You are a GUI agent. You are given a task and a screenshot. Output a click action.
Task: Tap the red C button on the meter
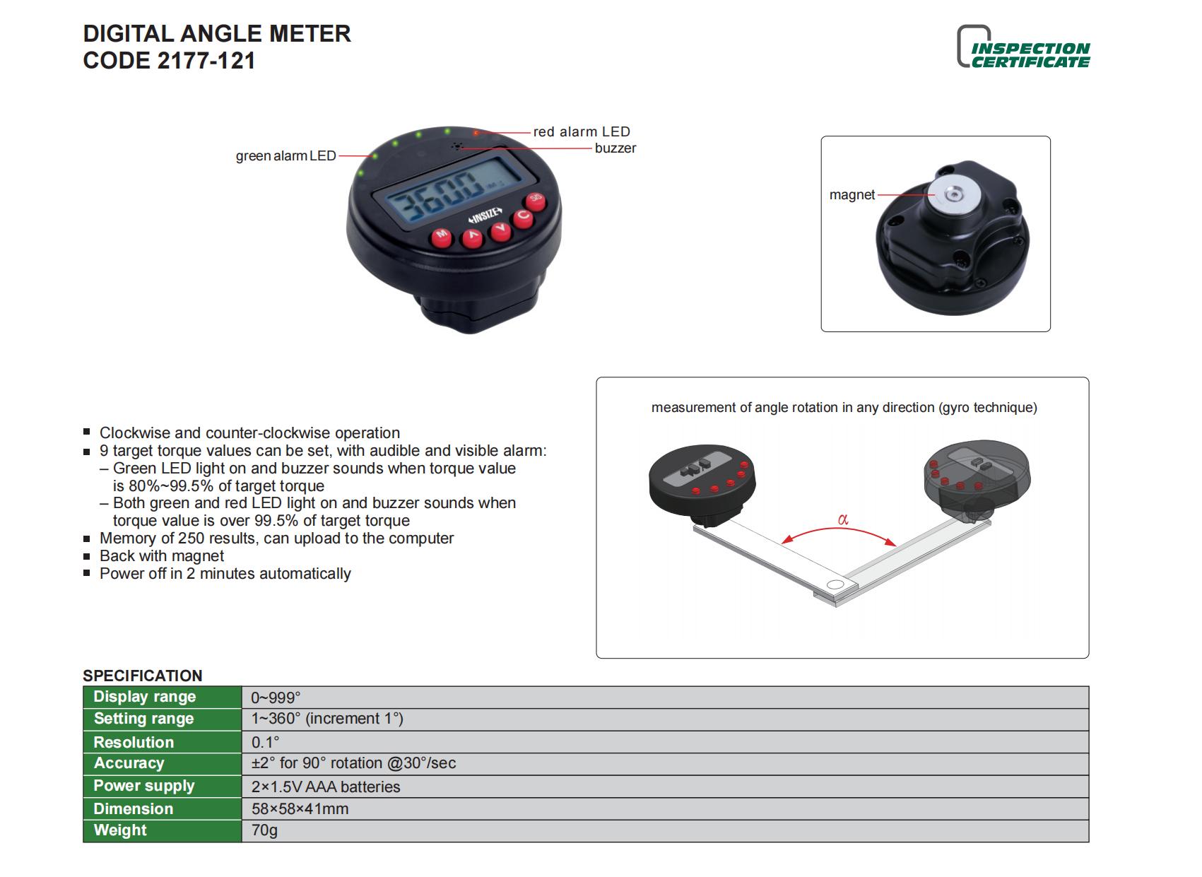(524, 217)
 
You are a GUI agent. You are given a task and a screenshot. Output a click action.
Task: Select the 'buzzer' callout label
(615, 148)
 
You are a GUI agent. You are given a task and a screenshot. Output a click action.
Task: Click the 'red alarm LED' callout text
(581, 131)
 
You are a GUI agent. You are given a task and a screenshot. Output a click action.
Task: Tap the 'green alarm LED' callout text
(285, 155)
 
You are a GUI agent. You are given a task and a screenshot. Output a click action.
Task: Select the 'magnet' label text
(852, 195)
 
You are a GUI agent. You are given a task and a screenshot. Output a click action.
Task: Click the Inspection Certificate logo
(1023, 49)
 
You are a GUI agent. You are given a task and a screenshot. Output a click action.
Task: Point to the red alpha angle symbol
(842, 519)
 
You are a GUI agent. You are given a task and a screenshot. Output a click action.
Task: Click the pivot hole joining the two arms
(835, 584)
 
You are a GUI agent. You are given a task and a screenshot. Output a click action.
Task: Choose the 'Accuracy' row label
(129, 763)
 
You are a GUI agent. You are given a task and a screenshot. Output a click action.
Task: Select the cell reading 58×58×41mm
(300, 809)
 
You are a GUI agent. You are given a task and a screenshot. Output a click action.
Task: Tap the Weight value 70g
(264, 830)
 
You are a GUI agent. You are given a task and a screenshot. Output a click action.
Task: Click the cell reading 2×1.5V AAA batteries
(325, 787)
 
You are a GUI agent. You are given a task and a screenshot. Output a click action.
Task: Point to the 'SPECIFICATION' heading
(142, 676)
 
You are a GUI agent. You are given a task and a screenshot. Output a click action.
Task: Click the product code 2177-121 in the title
(206, 61)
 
